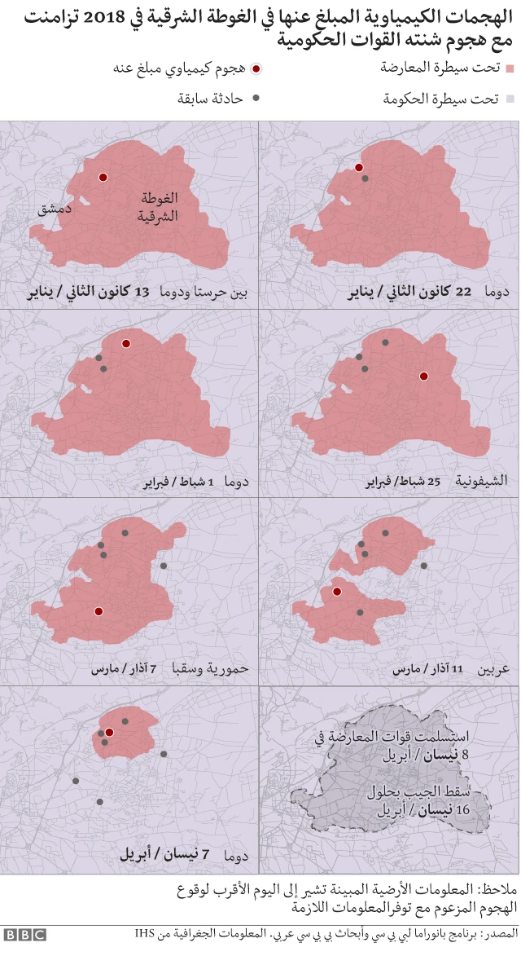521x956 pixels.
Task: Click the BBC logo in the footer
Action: [x=24, y=935]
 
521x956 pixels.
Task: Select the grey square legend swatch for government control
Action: [x=510, y=99]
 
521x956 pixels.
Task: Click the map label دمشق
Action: [x=55, y=209]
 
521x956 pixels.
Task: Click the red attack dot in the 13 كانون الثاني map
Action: [x=103, y=177]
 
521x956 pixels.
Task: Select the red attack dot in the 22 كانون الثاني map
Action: [x=358, y=167]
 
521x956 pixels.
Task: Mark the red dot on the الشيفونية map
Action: [x=423, y=376]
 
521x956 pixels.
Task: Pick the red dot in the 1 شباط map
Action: [x=125, y=344]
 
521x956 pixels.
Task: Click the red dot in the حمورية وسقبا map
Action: [x=99, y=610]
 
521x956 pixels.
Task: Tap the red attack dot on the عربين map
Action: [x=335, y=593]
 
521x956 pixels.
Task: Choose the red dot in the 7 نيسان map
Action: [x=109, y=733]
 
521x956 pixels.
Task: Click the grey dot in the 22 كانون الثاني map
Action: [x=366, y=178]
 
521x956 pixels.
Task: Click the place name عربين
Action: [x=492, y=670]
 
